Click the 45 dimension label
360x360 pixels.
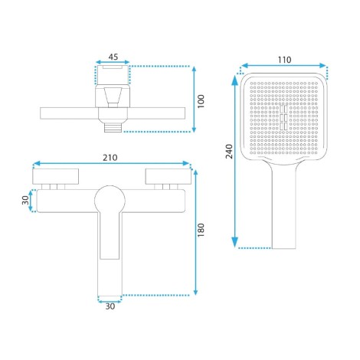coord(113,57)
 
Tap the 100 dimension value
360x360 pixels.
coord(201,101)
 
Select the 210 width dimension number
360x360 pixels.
coord(110,158)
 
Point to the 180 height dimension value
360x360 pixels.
coord(201,230)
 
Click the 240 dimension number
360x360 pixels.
coord(229,151)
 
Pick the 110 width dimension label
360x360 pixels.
coord(284,60)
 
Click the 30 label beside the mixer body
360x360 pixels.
coord(25,200)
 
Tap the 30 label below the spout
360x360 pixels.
coord(110,306)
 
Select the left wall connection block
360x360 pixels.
coord(55,176)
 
